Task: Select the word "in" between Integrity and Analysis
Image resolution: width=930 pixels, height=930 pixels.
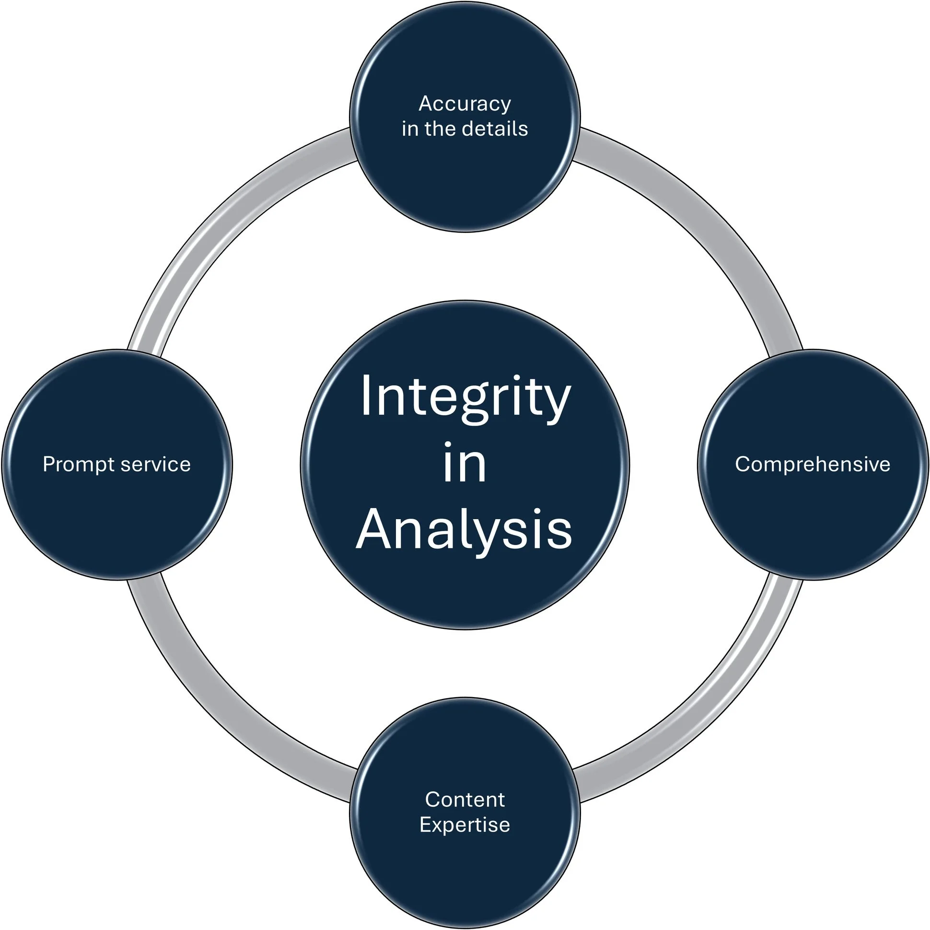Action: coord(465,463)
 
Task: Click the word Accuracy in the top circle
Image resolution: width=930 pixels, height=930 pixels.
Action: coord(465,104)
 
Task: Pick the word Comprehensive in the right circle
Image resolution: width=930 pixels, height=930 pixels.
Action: coord(813,465)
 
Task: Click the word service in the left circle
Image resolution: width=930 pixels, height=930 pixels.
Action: coord(155,465)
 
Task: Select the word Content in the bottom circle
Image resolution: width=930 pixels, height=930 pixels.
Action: coord(465,800)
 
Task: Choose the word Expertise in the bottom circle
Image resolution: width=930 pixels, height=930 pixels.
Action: coord(465,825)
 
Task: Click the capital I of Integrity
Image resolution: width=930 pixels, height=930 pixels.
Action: coord(365,395)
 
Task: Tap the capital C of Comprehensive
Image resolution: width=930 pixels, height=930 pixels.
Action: coord(742,465)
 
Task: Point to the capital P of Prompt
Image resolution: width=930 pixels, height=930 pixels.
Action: coord(48,464)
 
